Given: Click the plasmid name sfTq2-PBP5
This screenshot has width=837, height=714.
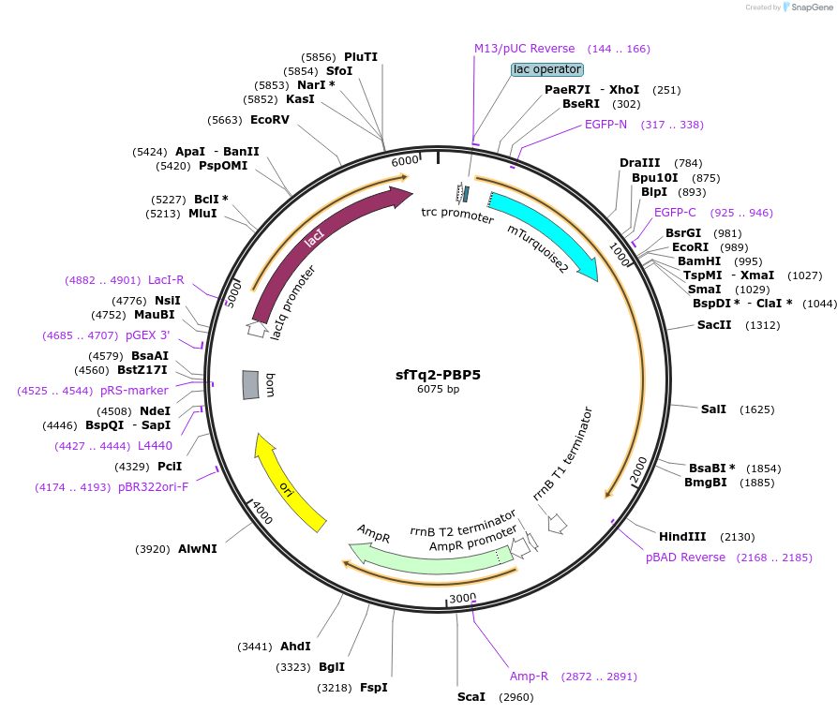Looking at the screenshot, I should point(438,374).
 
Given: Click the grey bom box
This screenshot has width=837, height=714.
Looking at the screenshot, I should point(250,384).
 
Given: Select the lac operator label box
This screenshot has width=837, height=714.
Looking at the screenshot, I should point(547,69).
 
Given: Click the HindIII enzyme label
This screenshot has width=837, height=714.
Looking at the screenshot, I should point(681,537).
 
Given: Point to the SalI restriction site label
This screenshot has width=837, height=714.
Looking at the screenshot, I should point(713,409).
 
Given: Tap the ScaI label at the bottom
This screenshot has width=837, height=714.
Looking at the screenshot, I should point(471,697).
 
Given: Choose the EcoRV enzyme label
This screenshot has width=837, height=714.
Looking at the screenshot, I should point(270,120).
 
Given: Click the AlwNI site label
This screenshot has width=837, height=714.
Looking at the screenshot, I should point(198,549).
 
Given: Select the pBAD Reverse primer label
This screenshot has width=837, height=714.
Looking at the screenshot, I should point(685,558).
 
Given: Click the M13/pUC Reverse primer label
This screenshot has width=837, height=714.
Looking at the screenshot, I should point(524,49).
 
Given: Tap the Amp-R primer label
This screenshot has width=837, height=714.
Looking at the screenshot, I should point(529,677).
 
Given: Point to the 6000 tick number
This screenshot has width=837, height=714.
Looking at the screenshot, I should point(405,161).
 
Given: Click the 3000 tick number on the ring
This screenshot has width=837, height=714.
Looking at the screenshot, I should point(462,598).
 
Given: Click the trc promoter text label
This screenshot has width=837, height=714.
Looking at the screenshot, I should point(457,216).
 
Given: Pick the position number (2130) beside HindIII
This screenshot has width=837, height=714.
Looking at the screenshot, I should point(737,537).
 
